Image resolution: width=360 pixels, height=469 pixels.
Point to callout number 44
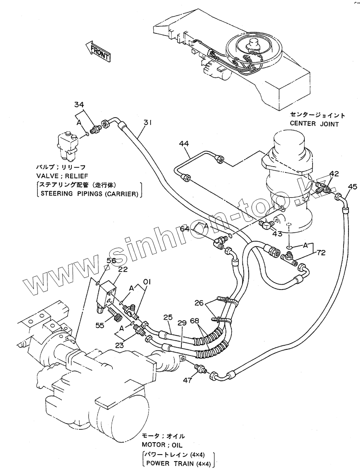pos(184,144)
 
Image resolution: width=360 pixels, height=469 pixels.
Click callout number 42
pos(334,174)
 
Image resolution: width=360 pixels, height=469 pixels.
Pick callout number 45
pos(352,186)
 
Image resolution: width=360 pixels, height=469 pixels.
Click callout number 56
pos(112,260)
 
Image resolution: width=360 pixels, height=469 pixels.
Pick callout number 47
pos(187,380)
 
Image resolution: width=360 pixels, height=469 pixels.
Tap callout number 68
pos(195,321)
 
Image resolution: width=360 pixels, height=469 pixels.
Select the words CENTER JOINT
pos(314,123)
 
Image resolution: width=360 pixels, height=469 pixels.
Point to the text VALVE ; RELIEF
pos(60,175)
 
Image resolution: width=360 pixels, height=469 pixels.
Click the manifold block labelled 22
pos(109,295)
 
